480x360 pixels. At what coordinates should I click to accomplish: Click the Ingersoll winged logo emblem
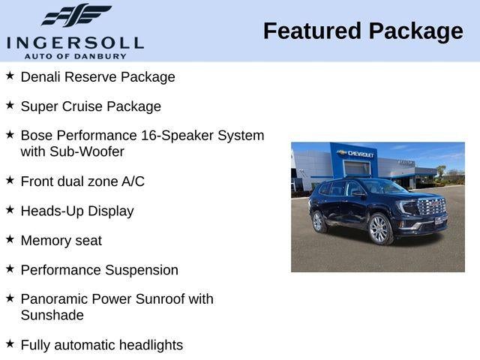(75, 15)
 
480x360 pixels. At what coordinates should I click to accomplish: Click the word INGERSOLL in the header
(75, 42)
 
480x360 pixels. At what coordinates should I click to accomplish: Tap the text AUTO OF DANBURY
(75, 55)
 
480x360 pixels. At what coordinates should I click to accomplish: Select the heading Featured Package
(363, 31)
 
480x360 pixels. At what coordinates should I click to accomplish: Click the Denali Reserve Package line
(97, 76)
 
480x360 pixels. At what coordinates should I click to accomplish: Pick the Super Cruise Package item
(91, 106)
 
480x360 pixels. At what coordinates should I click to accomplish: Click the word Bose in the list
(36, 136)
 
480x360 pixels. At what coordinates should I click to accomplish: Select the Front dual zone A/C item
(82, 181)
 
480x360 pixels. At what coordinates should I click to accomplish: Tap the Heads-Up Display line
(77, 211)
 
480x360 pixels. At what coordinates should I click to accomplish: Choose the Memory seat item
(61, 241)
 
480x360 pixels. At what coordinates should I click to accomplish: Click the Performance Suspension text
(99, 270)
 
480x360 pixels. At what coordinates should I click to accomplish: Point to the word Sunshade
(52, 315)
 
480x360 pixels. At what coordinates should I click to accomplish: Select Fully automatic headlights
(101, 345)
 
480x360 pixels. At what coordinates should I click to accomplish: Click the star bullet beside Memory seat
(10, 239)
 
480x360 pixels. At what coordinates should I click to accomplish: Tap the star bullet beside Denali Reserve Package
(10, 75)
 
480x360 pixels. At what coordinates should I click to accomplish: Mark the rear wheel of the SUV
(319, 221)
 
